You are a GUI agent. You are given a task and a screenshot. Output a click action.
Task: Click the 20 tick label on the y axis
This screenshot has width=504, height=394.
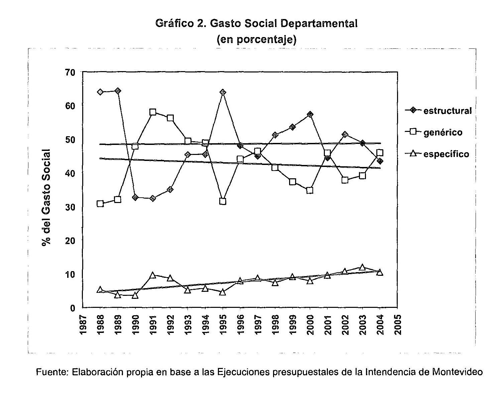[x=71, y=240]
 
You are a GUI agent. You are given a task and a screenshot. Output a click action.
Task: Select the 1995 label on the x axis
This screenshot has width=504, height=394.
[x=223, y=324]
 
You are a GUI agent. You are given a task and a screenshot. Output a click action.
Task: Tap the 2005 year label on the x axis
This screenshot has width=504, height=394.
[x=397, y=324]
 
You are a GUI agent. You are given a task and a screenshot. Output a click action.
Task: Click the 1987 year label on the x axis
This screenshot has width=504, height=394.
[x=83, y=324]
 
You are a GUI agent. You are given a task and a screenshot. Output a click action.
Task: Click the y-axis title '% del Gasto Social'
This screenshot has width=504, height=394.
[x=46, y=198]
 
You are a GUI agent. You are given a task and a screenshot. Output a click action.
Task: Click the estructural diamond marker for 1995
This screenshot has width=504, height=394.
[x=223, y=92]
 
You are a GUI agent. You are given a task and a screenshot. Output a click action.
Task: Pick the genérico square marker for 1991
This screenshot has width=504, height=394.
[x=153, y=112]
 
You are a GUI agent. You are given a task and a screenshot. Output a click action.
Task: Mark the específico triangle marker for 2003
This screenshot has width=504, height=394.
[x=362, y=267]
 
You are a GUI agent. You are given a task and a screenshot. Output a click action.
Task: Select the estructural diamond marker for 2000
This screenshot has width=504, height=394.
[x=310, y=115]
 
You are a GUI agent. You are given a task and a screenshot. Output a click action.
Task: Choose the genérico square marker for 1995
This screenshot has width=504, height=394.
[x=223, y=201]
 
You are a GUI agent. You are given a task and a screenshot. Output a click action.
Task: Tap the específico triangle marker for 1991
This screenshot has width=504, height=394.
[x=153, y=275]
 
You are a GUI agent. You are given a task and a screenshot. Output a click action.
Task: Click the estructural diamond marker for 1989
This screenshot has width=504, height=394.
[x=118, y=91]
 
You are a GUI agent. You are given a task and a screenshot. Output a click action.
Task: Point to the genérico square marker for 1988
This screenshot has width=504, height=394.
[x=100, y=204]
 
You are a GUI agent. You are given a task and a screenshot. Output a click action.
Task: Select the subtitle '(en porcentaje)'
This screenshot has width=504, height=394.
[x=256, y=39]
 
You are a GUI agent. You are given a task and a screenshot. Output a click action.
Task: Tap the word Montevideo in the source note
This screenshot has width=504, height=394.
[x=457, y=372]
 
